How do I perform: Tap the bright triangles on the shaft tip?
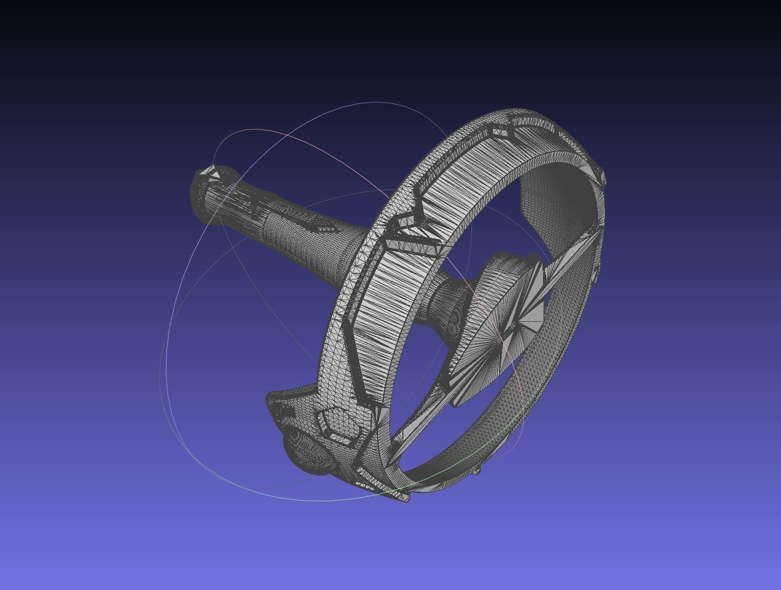tap(213, 174)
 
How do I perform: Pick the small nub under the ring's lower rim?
tap(478, 470)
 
